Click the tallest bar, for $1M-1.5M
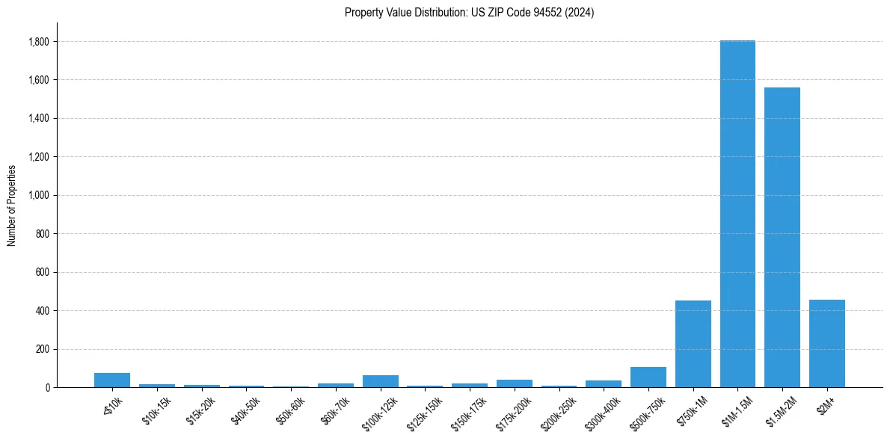(737, 214)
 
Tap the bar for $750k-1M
(693, 344)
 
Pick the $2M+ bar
(826, 343)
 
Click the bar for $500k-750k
(648, 377)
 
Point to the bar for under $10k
(112, 380)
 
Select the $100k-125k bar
(380, 381)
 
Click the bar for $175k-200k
(514, 383)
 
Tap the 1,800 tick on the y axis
(38, 42)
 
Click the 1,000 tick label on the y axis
(38, 195)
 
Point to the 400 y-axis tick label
(42, 310)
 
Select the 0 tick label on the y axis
(46, 387)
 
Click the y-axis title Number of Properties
(12, 206)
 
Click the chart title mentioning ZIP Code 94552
(469, 13)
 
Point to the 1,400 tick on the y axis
(38, 118)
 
